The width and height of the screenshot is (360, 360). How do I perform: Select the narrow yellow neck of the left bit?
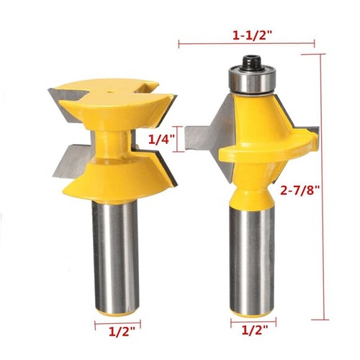pyautogui.click(x=112, y=140)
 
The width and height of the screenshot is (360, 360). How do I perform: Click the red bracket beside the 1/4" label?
pyautogui.click(x=178, y=140)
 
